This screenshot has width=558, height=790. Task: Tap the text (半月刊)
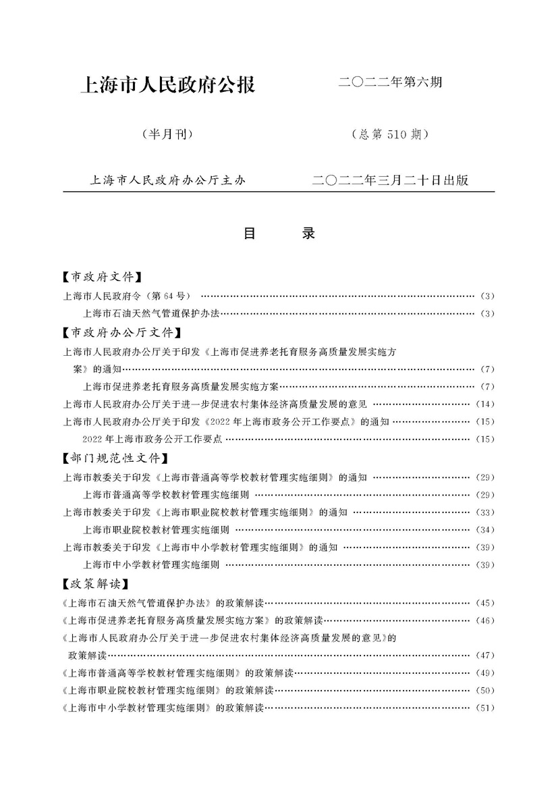click(168, 134)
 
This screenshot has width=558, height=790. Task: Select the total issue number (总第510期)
click(391, 134)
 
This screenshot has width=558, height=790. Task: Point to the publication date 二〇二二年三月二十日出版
click(391, 181)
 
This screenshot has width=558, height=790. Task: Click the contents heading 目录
click(279, 234)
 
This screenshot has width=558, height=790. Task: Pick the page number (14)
click(485, 404)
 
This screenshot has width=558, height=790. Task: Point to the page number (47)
click(485, 655)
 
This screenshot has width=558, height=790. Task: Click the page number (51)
click(485, 708)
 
